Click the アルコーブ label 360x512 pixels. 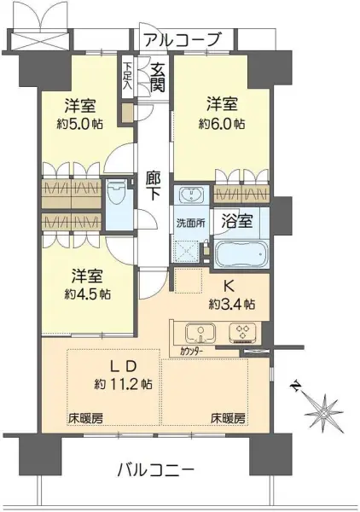[x=183, y=39]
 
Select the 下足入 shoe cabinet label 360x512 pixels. [x=128, y=76]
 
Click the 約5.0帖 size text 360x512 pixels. [x=79, y=124]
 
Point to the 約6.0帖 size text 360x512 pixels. [x=222, y=124]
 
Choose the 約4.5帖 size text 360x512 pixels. [x=87, y=294]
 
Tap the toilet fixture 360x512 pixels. [x=116, y=197]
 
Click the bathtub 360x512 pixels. [x=242, y=254]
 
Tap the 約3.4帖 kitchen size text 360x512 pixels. [x=232, y=305]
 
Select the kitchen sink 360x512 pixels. [x=200, y=333]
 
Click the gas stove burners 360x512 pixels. [x=242, y=333]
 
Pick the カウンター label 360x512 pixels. [x=191, y=352]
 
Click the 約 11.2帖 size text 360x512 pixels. [x=123, y=384]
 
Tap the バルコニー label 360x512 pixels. [x=155, y=470]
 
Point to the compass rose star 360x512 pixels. [x=325, y=413]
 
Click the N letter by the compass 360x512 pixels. [x=296, y=387]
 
